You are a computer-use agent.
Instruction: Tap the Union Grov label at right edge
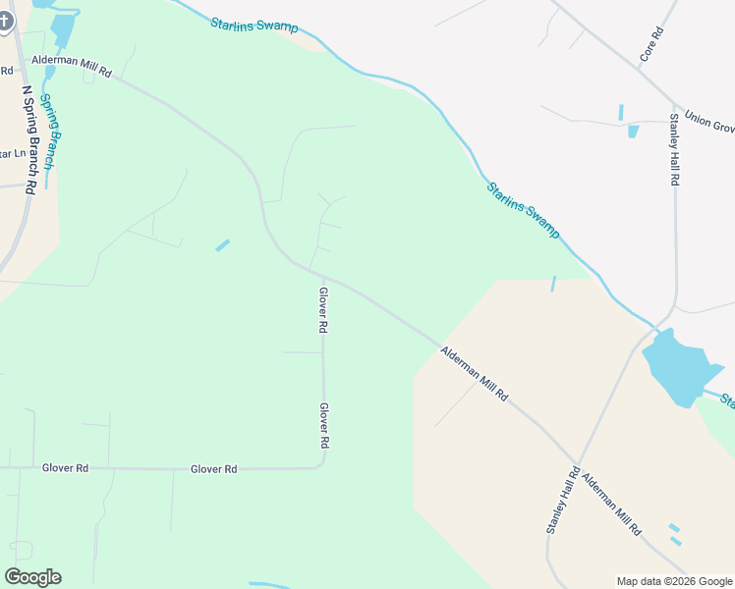pyautogui.click(x=709, y=121)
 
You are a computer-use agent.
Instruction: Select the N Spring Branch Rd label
pyautogui.click(x=29, y=138)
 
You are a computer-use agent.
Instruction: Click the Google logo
pyautogui.click(x=32, y=577)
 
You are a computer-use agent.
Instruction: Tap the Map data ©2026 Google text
pyautogui.click(x=674, y=581)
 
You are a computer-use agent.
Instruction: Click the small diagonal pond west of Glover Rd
pyautogui.click(x=223, y=244)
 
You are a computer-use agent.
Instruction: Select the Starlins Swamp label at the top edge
pyautogui.click(x=254, y=25)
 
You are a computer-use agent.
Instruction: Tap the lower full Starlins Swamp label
pyautogui.click(x=523, y=209)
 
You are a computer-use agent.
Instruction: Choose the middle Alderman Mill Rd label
pyautogui.click(x=474, y=374)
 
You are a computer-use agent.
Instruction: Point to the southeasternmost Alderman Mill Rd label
pyautogui.click(x=610, y=504)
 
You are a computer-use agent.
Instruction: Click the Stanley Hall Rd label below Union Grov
pyautogui.click(x=675, y=150)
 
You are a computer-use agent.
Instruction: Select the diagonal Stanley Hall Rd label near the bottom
pyautogui.click(x=564, y=501)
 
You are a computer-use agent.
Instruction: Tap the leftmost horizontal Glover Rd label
pyautogui.click(x=66, y=468)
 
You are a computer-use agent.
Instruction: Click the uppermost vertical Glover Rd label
pyautogui.click(x=322, y=310)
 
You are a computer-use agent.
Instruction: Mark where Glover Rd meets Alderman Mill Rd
pyautogui.click(x=309, y=268)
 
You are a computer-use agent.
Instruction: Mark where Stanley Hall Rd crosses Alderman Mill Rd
pyautogui.click(x=577, y=461)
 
